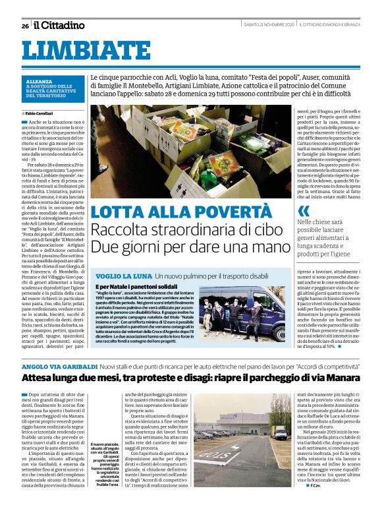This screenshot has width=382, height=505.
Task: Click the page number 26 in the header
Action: click(x=24, y=26)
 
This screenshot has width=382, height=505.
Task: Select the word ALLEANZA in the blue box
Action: click(x=42, y=81)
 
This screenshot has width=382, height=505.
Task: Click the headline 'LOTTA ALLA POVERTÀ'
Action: click(x=180, y=212)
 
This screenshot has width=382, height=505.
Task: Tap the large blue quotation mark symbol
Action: click(x=303, y=211)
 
